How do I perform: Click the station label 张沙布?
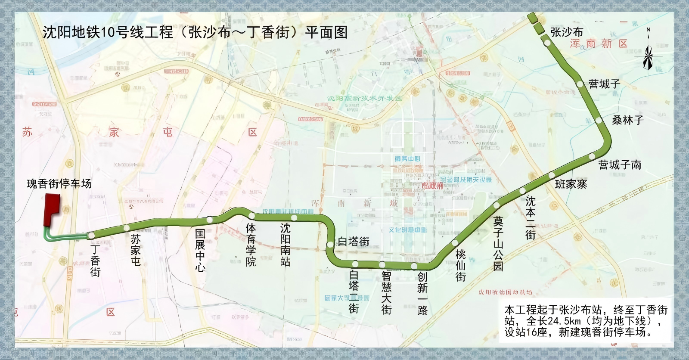(567, 32)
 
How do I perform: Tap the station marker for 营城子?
(580, 84)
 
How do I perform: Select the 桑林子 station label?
(628, 120)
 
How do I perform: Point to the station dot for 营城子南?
(592, 156)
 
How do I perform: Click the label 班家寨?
(571, 184)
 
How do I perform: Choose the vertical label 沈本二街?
(530, 217)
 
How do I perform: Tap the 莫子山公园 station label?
(498, 243)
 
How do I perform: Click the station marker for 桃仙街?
(455, 243)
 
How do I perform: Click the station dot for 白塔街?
(330, 245)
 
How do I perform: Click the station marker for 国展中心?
(209, 219)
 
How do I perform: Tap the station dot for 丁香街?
(91, 236)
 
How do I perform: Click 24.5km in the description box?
(563, 321)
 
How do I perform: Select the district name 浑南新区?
(599, 43)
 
